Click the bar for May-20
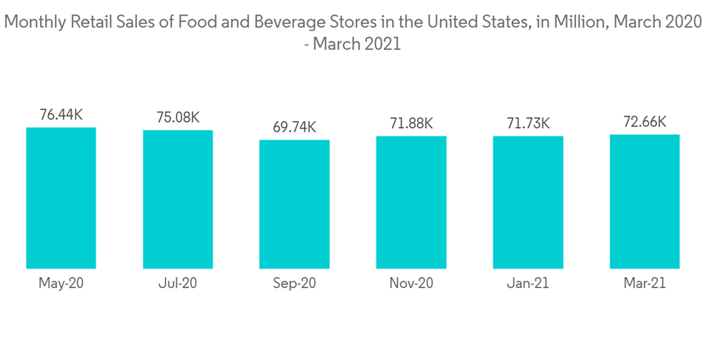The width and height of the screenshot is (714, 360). pyautogui.click(x=61, y=198)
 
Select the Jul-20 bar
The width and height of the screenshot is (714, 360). pyautogui.click(x=178, y=199)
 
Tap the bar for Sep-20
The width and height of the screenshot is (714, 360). pyautogui.click(x=294, y=204)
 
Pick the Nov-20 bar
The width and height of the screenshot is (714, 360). pyautogui.click(x=411, y=202)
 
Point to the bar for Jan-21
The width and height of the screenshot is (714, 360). pyautogui.click(x=528, y=202)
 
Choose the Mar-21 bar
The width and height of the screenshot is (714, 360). pyautogui.click(x=645, y=201)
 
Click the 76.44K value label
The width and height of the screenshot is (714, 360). pyautogui.click(x=61, y=114)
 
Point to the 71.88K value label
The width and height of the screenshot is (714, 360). pyautogui.click(x=411, y=123)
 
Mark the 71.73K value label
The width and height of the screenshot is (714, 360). pyautogui.click(x=528, y=123)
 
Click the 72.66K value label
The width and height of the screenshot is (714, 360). pyautogui.click(x=645, y=121)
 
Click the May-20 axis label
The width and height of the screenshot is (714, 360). pyautogui.click(x=61, y=284)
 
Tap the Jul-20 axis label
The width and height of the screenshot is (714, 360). pyautogui.click(x=178, y=284)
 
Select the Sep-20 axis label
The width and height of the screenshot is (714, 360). pyautogui.click(x=294, y=284)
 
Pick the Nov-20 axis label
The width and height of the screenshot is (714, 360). pyautogui.click(x=411, y=284)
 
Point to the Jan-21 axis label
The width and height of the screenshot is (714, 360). pyautogui.click(x=528, y=284)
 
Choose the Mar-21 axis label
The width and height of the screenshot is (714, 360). pyautogui.click(x=645, y=284)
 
